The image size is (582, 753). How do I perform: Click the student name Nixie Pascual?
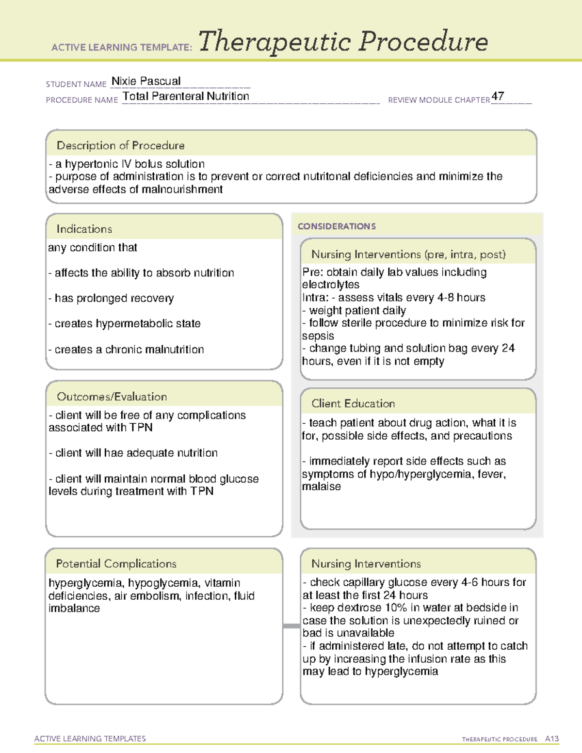click(x=146, y=81)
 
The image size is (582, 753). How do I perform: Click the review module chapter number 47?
click(x=498, y=96)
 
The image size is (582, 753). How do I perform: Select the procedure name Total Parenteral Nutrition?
click(x=186, y=96)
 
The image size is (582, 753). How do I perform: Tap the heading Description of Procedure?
click(x=120, y=145)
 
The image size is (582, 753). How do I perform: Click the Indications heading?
click(x=84, y=229)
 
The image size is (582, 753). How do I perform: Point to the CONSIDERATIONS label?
click(x=337, y=226)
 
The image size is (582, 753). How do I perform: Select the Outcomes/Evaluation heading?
click(x=112, y=397)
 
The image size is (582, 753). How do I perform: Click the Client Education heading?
click(x=353, y=403)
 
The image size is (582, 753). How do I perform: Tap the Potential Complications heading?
click(x=116, y=564)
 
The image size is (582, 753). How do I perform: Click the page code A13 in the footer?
click(x=552, y=739)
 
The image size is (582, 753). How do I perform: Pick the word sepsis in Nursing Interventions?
click(x=318, y=336)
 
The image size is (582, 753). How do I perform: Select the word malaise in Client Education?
click(x=321, y=487)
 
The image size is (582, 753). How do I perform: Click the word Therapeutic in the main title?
click(x=275, y=43)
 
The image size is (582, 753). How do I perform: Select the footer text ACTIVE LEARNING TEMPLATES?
click(x=90, y=738)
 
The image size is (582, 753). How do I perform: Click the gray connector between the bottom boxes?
click(x=291, y=626)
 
